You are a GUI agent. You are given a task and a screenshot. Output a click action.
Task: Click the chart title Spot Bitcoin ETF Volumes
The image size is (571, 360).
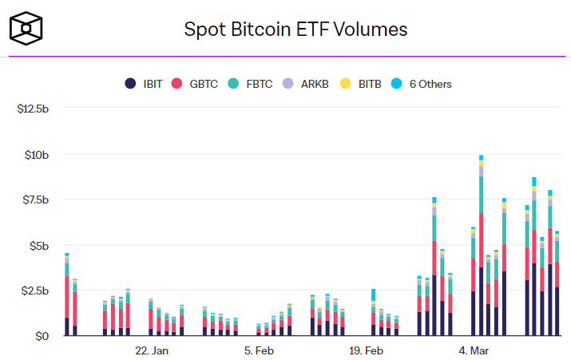pos(296,30)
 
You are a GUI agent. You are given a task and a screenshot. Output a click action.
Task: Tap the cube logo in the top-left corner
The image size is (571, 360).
pos(26,30)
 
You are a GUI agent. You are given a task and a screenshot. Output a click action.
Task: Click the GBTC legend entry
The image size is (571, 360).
pos(197,84)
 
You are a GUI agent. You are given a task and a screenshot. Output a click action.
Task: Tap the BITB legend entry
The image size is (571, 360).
pos(361,84)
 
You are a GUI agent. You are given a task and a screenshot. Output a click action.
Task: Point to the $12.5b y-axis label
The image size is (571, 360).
pos(34,108)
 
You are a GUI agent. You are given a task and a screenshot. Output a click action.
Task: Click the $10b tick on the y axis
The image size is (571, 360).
pos(38,154)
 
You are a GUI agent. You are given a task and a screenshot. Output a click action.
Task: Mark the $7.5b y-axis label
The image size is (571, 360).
pos(36,200)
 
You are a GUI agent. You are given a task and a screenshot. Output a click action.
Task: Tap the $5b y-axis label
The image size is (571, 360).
pos(41,245)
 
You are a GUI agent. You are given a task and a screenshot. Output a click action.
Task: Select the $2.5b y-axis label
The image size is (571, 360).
pos(36,291)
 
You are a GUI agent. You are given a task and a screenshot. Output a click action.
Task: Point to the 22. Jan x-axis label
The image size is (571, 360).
pos(152,351)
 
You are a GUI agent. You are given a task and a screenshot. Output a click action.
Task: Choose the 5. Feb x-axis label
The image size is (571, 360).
pos(260,351)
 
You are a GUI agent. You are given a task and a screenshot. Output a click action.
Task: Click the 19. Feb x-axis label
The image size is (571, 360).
pos(367,351)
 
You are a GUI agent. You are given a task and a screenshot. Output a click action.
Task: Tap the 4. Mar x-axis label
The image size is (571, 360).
pos(475,351)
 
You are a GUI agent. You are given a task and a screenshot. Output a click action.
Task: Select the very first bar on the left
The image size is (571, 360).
pos(67,295)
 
